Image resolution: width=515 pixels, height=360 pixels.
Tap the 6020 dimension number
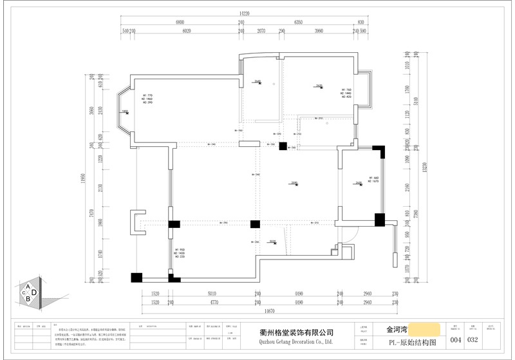pos(187,31)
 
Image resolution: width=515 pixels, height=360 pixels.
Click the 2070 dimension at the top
pos(261,31)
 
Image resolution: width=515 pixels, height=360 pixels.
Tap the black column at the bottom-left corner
pos(136,278)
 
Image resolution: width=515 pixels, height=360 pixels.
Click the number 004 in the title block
pos(456,340)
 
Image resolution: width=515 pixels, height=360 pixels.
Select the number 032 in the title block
pos(473,340)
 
